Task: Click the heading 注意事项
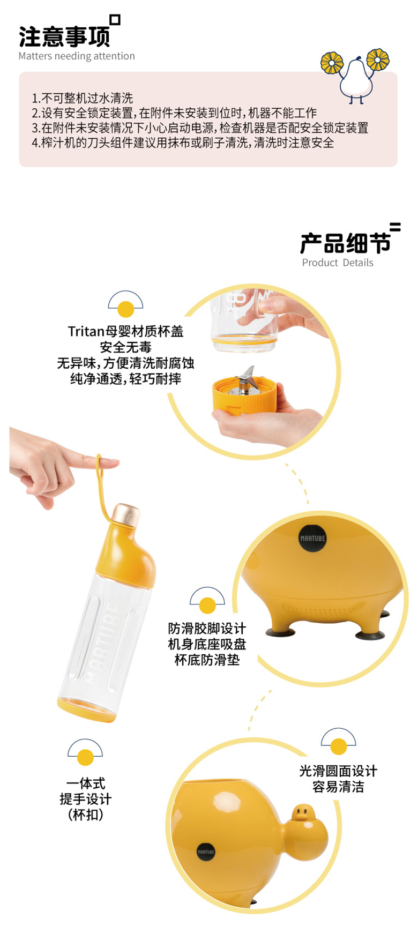tap(64, 36)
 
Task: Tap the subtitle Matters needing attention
tap(77, 56)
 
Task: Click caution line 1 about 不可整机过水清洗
tap(82, 98)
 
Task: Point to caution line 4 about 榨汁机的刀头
tap(183, 143)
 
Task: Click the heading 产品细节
tap(345, 243)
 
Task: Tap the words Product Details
tap(338, 263)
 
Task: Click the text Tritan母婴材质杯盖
tap(126, 332)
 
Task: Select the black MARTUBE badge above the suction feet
tap(312, 538)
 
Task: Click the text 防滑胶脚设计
tap(207, 629)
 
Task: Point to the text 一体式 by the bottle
tap(86, 783)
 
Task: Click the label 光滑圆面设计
tap(338, 771)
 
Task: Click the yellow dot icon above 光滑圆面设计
tap(339, 746)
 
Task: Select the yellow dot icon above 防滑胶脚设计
tap(207, 606)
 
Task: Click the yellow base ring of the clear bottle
tap(85, 710)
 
